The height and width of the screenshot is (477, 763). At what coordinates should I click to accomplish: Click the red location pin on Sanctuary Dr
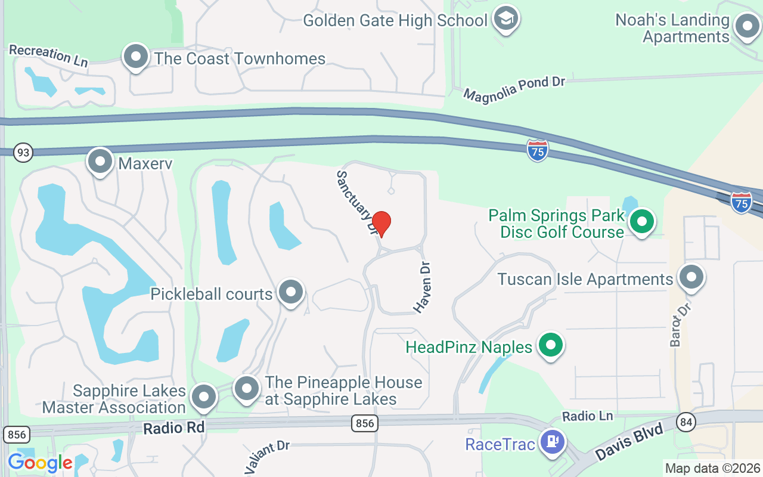(381, 224)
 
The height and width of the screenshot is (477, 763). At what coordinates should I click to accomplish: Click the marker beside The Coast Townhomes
(136, 57)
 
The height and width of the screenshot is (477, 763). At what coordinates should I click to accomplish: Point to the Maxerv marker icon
(100, 162)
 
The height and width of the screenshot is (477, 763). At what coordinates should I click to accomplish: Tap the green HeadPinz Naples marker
(551, 346)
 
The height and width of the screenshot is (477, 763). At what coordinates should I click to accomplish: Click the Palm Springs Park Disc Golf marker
(642, 222)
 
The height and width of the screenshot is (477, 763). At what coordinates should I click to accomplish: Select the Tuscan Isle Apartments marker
(691, 277)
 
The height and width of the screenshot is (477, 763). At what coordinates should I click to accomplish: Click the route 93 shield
(23, 153)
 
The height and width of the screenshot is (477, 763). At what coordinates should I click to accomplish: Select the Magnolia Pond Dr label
(514, 88)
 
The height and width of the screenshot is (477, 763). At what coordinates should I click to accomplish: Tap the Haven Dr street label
(423, 287)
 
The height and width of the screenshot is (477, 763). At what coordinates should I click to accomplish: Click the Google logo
(41, 463)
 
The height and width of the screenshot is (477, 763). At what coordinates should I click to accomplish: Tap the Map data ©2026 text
(713, 468)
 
